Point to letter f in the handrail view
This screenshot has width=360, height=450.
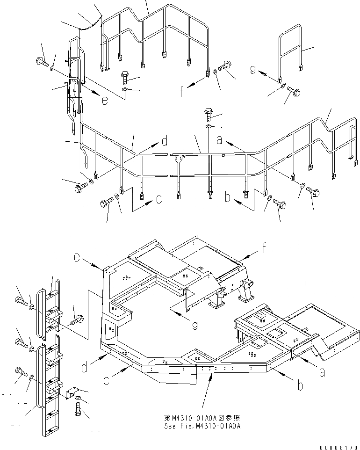coord(182,92)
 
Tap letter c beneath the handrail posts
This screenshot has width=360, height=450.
coord(159,200)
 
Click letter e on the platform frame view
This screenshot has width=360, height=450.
coord(77,257)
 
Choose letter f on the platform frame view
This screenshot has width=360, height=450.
coord(265,248)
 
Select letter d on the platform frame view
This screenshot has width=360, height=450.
coord(84,368)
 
